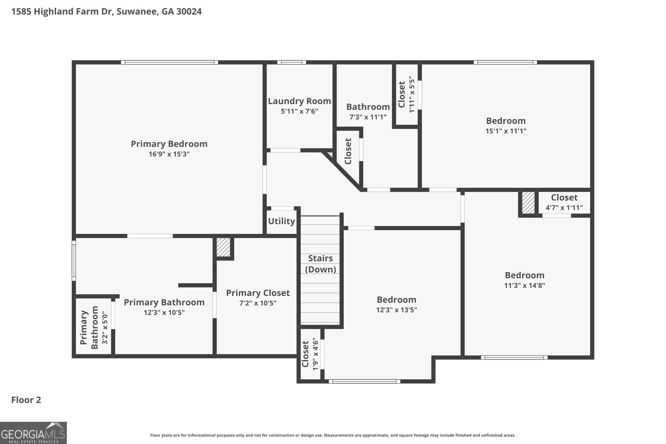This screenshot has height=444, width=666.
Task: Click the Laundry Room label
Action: (299, 101)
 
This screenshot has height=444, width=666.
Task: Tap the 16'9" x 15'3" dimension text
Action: (169, 154)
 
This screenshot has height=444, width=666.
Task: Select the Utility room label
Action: (281, 221)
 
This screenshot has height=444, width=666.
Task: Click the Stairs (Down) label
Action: (320, 264)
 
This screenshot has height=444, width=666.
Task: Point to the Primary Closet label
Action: (258, 293)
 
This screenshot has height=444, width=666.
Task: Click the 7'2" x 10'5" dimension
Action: (258, 303)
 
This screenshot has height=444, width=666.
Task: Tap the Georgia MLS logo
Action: (33, 433)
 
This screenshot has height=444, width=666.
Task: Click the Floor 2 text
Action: (26, 400)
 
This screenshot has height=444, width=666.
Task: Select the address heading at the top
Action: (107, 12)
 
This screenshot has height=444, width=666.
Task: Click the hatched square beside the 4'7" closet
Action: (528, 203)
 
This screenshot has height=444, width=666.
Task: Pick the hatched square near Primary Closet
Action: (224, 247)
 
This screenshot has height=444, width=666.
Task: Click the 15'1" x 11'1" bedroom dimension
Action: (506, 131)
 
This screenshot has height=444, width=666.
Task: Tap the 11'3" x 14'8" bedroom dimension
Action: (524, 285)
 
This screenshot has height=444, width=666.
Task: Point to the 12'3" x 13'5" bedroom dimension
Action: (396, 310)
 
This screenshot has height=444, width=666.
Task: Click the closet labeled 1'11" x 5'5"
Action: (406, 94)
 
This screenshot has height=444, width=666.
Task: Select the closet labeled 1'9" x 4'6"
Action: (310, 354)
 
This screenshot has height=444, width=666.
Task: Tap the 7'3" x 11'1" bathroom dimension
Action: (368, 117)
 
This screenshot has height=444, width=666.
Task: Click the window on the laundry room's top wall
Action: (291, 63)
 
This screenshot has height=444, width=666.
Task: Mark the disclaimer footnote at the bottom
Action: (333, 435)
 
